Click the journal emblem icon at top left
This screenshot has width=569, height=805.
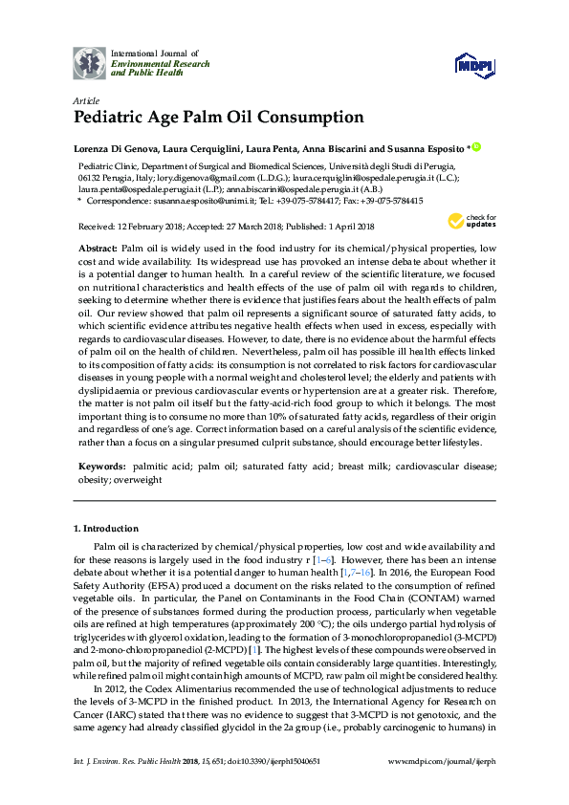tap(90, 64)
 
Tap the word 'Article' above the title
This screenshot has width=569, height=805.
tap(84, 100)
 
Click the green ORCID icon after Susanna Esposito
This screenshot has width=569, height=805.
tap(475, 148)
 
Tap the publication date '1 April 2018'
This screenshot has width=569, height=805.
tap(347, 227)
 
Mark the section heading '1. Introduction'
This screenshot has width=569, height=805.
tap(106, 528)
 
